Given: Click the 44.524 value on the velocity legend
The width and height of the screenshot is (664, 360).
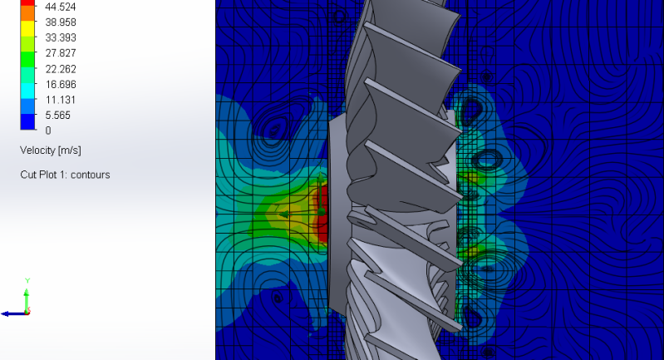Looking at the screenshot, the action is pyautogui.click(x=61, y=7).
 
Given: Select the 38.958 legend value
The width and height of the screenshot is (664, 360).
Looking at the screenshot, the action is pyautogui.click(x=61, y=22).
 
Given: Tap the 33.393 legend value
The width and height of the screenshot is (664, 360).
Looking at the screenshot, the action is pyautogui.click(x=61, y=37).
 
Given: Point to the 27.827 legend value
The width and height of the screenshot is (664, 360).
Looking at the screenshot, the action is pyautogui.click(x=61, y=53).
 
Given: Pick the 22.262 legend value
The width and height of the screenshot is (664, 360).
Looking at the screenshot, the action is pyautogui.click(x=61, y=69).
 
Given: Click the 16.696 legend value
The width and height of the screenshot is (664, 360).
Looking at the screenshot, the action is pyautogui.click(x=61, y=84).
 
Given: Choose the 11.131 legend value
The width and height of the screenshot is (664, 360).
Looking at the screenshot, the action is pyautogui.click(x=61, y=100).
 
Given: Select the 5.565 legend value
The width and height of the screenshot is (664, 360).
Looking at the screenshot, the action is pyautogui.click(x=57, y=116).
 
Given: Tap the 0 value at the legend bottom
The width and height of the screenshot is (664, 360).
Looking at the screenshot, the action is pyautogui.click(x=48, y=131).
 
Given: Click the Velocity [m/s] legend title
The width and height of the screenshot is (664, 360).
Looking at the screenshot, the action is pyautogui.click(x=51, y=150).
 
